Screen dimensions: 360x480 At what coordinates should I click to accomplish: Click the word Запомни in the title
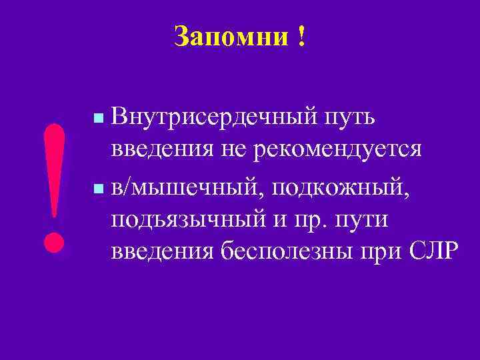click(x=229, y=37)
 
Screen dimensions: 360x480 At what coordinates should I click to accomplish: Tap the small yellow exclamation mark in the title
click(x=303, y=37)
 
